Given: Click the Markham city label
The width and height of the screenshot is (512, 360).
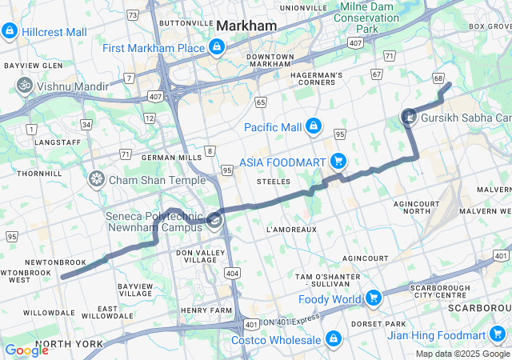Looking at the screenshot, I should pyautogui.click(x=246, y=26).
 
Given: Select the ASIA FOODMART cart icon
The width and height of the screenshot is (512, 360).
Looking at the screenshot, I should pyautogui.click(x=338, y=161).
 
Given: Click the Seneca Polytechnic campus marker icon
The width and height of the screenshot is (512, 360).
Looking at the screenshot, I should pyautogui.click(x=214, y=221).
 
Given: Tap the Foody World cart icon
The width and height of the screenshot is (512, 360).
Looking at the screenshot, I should pyautogui.click(x=373, y=299).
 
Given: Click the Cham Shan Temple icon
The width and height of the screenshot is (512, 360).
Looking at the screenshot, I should pyautogui.click(x=97, y=179).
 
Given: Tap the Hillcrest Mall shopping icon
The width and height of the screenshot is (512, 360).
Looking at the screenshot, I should pyautogui.click(x=10, y=31).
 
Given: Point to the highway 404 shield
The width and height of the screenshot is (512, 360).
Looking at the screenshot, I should pyautogui.click(x=231, y=274).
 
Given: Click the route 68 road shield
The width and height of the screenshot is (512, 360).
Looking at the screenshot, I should pyautogui.click(x=438, y=78).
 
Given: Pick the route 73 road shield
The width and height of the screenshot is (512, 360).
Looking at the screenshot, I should pyautogui.click(x=132, y=15).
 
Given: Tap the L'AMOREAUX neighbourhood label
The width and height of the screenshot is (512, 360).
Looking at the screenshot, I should pyautogui.click(x=291, y=230).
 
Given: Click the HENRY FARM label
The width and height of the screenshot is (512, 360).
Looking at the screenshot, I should pyautogui.click(x=206, y=310).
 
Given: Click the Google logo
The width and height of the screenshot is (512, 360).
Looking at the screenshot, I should pyautogui.click(x=26, y=350).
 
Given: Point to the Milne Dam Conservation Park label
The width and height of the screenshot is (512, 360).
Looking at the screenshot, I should pyautogui.click(x=366, y=18).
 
